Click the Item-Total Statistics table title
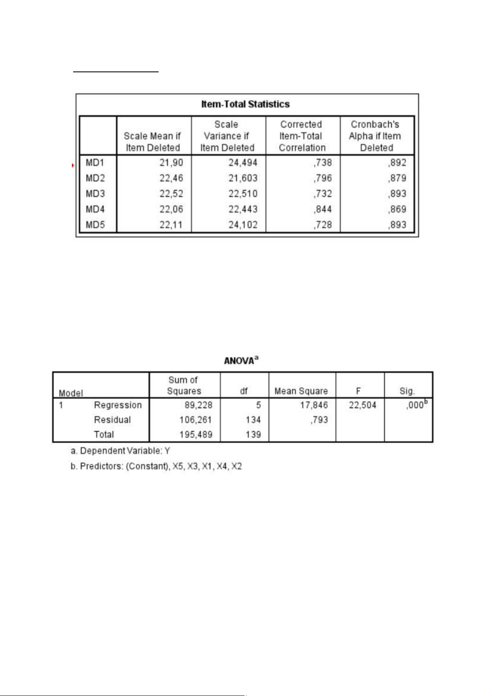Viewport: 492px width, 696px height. [x=245, y=104]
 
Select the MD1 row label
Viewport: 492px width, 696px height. [x=95, y=163]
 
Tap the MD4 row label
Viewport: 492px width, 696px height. [x=95, y=209]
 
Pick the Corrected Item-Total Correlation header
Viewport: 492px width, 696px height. [x=302, y=136]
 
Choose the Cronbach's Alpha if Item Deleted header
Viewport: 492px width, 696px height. [x=375, y=136]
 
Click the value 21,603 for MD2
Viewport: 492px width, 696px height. [x=243, y=178]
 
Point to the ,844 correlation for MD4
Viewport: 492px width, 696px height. [x=323, y=209]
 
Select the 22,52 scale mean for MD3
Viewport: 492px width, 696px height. [x=171, y=194]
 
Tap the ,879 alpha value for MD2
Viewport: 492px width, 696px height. [x=397, y=178]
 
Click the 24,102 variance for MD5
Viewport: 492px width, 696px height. [x=243, y=225]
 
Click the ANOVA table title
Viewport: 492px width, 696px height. [x=241, y=361]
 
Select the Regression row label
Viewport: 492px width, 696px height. [x=118, y=405]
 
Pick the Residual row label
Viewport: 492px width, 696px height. [x=112, y=420]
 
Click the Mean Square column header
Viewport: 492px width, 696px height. [x=301, y=391]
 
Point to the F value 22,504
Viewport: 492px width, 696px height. [x=362, y=405]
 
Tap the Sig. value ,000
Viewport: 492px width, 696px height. [x=415, y=405]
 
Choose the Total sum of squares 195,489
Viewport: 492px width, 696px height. [x=195, y=435]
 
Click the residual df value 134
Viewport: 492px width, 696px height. [x=253, y=420]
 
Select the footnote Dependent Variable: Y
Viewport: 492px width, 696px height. [x=120, y=451]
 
